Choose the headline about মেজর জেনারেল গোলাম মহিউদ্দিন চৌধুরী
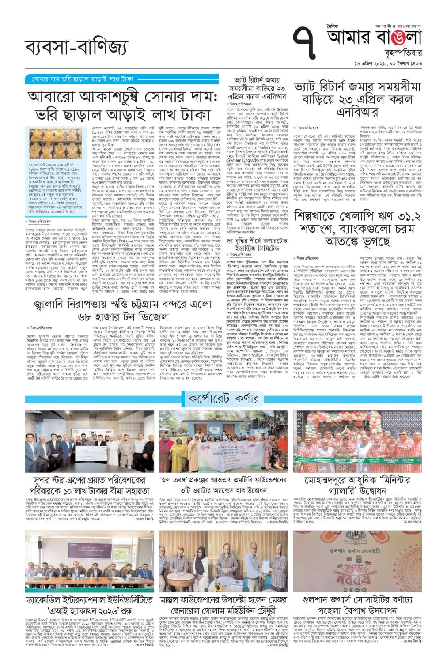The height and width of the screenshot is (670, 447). click(x=223, y=606)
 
